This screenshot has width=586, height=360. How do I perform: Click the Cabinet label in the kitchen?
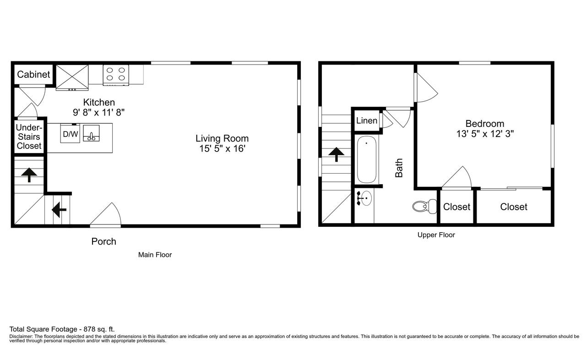coord(33,75)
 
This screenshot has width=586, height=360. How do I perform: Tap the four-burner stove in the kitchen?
coord(116,75)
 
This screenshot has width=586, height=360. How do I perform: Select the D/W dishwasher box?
coord(70,134)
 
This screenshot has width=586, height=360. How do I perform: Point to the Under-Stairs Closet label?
coord(29,137)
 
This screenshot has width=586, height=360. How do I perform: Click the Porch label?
coord(103,241)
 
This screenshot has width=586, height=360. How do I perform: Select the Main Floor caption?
coord(155,255)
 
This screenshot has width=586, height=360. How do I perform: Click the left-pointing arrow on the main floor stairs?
coord(59,210)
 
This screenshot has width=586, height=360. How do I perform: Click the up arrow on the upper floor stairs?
coord(336,154)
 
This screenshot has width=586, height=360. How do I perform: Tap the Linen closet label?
coord(367,121)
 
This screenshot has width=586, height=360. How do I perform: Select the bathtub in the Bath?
coord(366,159)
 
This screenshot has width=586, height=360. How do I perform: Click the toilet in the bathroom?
coord(424,207)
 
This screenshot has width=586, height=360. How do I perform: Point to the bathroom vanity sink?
coord(365,199)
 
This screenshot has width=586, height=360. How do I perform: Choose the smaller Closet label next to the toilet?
coord(456,207)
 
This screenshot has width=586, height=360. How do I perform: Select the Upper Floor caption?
coord(436,235)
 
